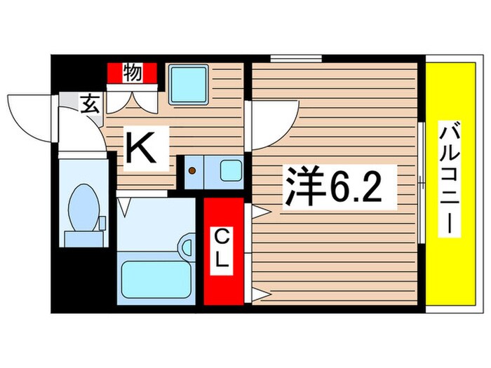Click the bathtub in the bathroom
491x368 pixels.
(156, 279)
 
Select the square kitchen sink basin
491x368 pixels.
(189, 85)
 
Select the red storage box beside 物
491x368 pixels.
(115, 72)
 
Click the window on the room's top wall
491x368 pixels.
(292, 57)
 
